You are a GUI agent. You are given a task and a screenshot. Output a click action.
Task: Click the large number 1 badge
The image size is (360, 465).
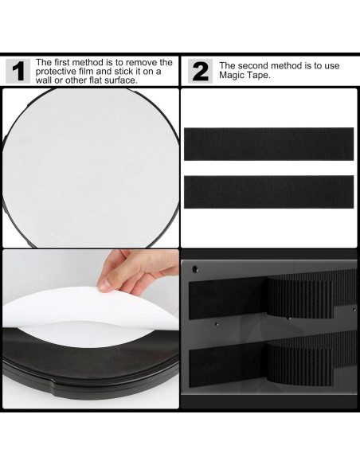coord(18,71)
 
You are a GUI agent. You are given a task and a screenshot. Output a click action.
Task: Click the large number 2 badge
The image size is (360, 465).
coord(200,71)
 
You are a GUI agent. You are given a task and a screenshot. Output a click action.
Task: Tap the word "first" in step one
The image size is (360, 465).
coord(61,62)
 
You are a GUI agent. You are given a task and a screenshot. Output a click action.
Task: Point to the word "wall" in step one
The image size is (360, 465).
coord(44,80)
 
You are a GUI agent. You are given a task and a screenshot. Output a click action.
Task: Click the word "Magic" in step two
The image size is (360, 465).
coord(232,75)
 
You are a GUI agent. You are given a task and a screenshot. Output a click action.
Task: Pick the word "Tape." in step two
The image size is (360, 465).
coord(259,75)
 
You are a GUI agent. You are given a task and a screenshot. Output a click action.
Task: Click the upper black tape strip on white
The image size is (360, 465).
coord(268,144)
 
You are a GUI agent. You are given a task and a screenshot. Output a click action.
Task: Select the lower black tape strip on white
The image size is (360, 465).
coord(268,192)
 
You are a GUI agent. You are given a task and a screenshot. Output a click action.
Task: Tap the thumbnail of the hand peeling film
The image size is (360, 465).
coord(91,329)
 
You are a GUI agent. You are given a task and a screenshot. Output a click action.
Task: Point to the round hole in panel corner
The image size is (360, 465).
coord(195,269)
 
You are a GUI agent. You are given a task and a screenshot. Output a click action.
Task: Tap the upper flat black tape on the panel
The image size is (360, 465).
coord(229,298)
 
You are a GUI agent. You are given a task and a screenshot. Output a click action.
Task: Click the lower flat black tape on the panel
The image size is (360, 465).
coord(229,366)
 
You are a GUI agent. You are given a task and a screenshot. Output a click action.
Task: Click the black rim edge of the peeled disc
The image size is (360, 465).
coord(89,382)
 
